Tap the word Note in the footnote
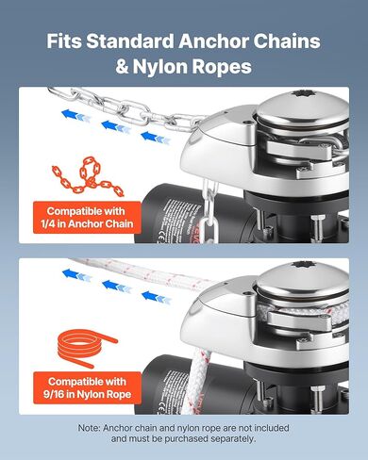point(92,428)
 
